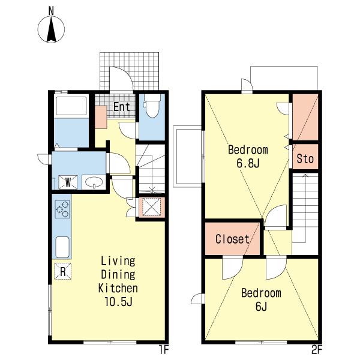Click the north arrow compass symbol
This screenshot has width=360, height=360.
tap(51, 29)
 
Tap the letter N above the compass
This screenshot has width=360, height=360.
tap(51, 11)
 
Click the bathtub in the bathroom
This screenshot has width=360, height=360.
tap(71, 106)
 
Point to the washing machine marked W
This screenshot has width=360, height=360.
tap(68, 182)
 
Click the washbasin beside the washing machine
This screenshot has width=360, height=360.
tap(94, 182)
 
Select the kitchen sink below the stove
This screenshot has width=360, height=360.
tap(62, 247)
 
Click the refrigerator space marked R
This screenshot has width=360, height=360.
tap(62, 271)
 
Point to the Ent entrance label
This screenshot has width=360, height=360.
tap(122, 107)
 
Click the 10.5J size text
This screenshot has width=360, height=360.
tap(118, 301)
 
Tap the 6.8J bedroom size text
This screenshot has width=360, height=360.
tap(248, 163)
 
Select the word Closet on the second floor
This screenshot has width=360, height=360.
tap(232, 239)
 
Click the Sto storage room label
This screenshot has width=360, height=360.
tap(305, 158)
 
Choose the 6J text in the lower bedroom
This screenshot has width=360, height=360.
tap(261, 306)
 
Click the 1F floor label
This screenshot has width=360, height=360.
tap(164, 350)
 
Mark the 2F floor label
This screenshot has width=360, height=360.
tap(317, 350)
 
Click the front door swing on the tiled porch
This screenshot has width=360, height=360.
tap(121, 79)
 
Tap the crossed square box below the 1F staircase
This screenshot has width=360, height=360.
tap(152, 208)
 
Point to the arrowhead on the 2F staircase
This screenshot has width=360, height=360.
tap(305, 176)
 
